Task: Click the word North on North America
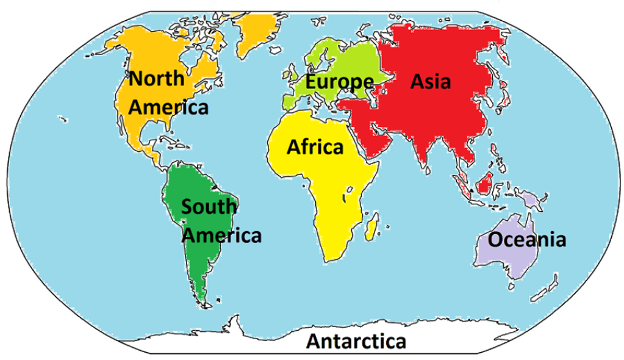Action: point(156,79)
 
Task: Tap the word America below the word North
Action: point(169,107)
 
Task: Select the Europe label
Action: point(339,81)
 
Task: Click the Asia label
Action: point(431,81)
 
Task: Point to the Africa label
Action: point(315,147)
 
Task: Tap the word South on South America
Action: point(209,206)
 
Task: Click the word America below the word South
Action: point(223,235)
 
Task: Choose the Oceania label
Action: point(527,240)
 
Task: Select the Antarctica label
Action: point(356,340)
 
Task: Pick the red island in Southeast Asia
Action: point(486,182)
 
